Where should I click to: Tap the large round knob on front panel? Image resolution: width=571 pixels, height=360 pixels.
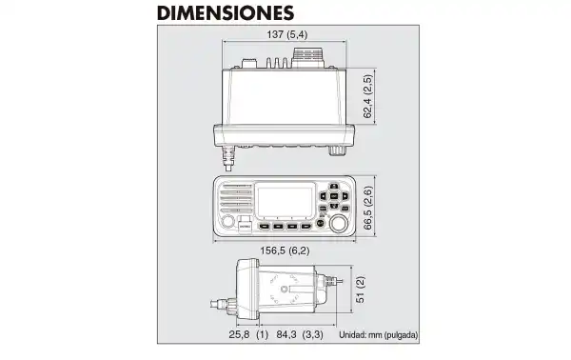pos(339,223)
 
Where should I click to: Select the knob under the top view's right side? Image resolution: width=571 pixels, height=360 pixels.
pos(337,150)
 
